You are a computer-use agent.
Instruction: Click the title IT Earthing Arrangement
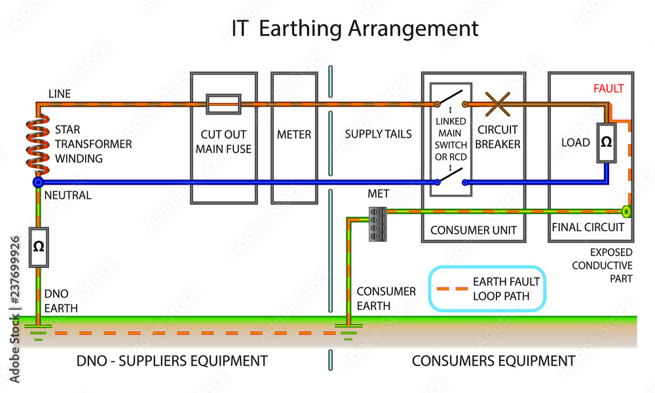click(355, 28)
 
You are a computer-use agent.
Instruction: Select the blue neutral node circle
click(38, 182)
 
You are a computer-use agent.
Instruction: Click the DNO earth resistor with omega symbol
click(38, 246)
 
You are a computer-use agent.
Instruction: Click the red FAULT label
click(608, 88)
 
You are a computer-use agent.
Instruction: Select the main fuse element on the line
click(223, 103)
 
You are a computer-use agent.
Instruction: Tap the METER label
click(293, 135)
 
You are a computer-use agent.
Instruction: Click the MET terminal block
click(376, 217)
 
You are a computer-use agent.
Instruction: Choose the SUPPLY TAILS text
click(378, 134)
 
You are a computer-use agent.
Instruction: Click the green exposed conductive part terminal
click(626, 212)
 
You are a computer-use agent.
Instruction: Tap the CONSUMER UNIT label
click(473, 231)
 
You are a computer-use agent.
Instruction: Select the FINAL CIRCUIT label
click(588, 227)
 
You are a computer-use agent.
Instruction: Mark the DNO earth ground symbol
click(38, 331)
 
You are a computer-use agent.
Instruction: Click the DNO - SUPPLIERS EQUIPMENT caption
click(172, 360)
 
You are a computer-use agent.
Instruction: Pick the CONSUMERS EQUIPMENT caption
click(493, 360)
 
